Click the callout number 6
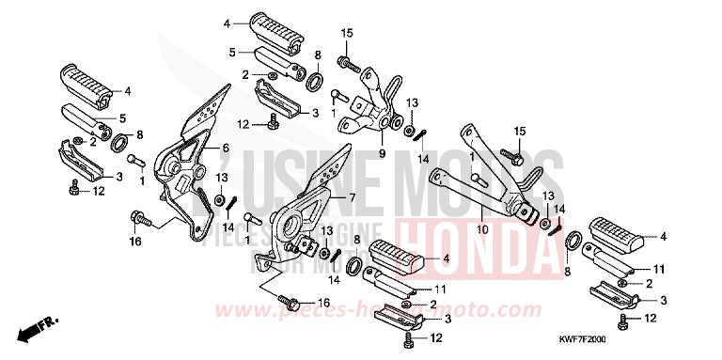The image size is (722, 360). click(x=227, y=149)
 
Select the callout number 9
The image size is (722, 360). click(x=384, y=152)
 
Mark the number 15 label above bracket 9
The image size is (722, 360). click(x=346, y=35)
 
